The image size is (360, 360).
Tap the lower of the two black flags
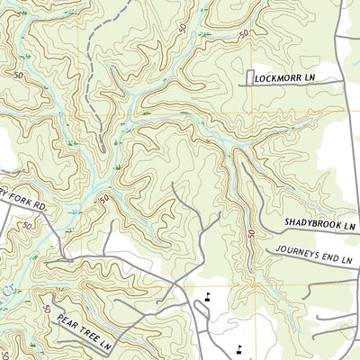238,347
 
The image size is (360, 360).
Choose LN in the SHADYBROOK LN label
350,221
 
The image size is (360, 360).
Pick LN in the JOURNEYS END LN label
347,260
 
